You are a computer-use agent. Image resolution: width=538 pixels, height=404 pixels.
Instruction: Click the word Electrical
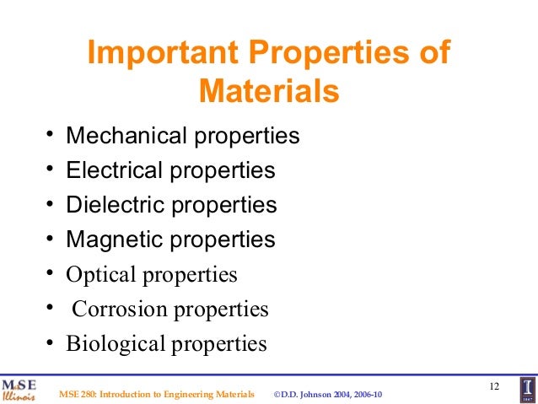click(113, 170)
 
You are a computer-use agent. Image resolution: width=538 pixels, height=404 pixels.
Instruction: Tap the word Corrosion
click(121, 310)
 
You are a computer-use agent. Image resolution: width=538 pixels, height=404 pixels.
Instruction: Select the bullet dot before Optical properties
click(51, 272)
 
